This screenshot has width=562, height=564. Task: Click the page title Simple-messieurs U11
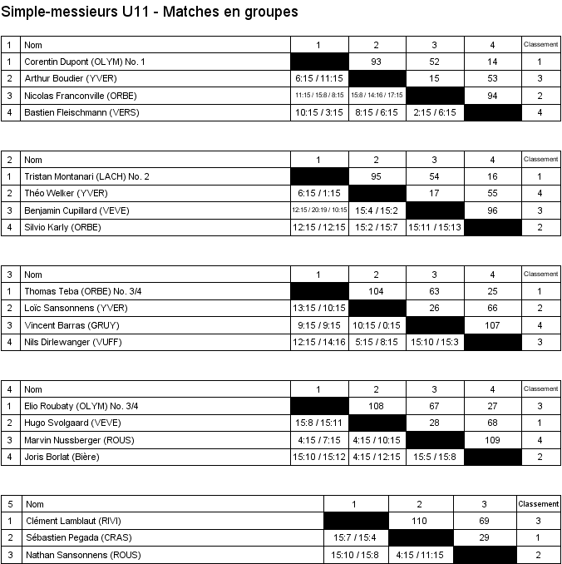click(x=150, y=12)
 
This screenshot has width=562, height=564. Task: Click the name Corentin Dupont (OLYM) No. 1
click(x=85, y=62)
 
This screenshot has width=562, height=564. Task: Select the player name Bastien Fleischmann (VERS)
click(x=81, y=112)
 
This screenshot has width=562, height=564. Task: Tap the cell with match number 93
click(x=377, y=62)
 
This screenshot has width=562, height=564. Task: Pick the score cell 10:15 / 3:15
click(x=319, y=112)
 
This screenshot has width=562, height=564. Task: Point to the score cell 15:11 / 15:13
click(x=434, y=227)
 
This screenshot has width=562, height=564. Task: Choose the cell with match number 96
click(x=492, y=210)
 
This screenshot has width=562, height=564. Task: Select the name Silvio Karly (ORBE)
click(x=62, y=227)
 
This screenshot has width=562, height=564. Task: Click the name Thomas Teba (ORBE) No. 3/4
click(x=81, y=291)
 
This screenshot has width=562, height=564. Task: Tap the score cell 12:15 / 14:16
click(x=319, y=342)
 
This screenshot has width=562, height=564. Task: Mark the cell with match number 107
click(x=492, y=325)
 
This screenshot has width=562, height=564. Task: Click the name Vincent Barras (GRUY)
click(x=68, y=325)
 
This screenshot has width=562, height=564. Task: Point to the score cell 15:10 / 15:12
click(x=319, y=457)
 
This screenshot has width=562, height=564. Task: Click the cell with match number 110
click(x=419, y=521)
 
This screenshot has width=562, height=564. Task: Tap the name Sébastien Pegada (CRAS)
click(x=78, y=537)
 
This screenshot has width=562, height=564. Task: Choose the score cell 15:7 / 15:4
click(x=355, y=537)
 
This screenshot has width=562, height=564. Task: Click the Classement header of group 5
click(x=539, y=504)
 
